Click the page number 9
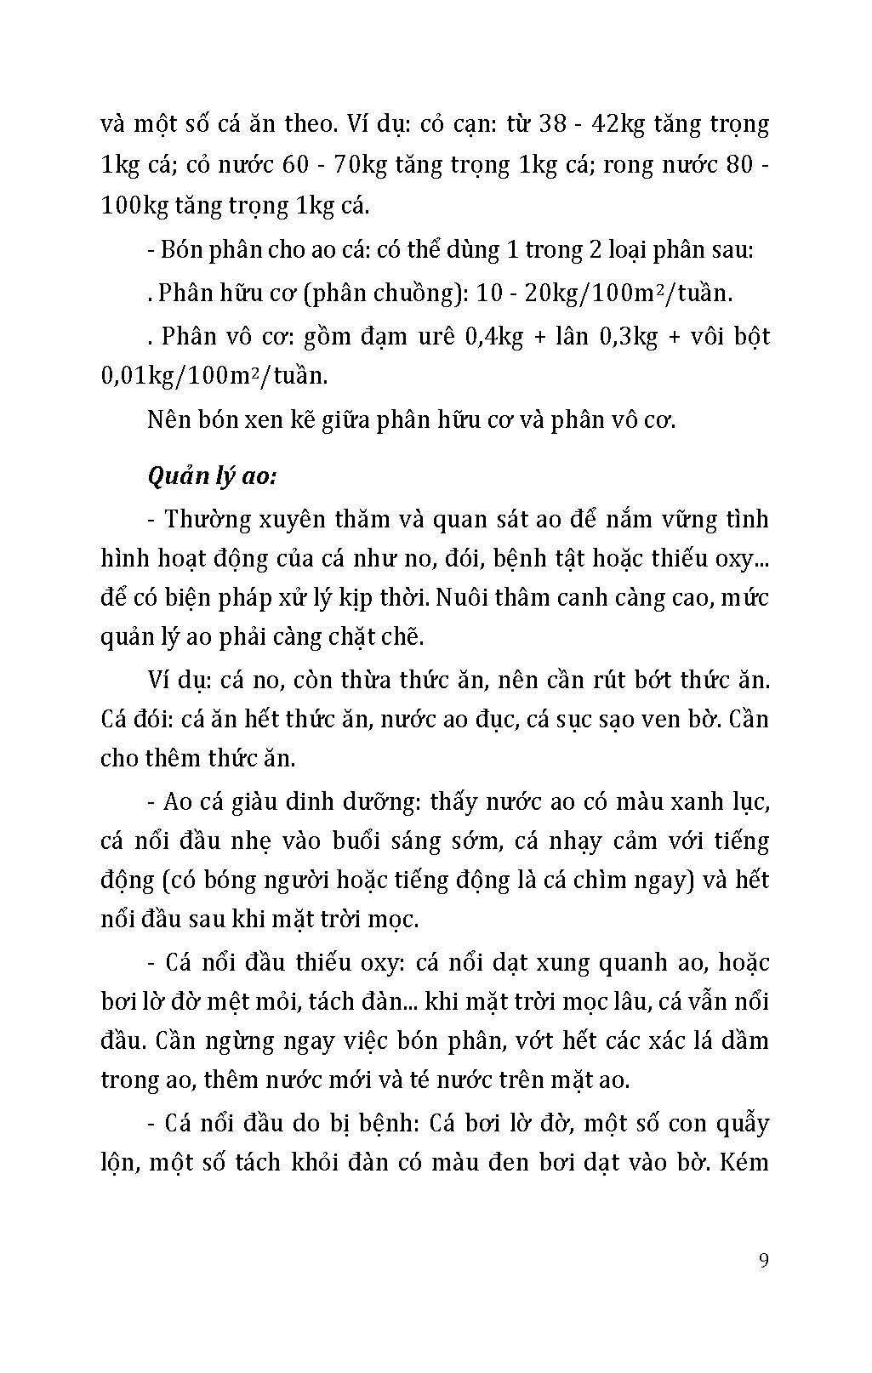[x=763, y=1260]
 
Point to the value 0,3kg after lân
[x=630, y=336]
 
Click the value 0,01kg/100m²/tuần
[x=214, y=375]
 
